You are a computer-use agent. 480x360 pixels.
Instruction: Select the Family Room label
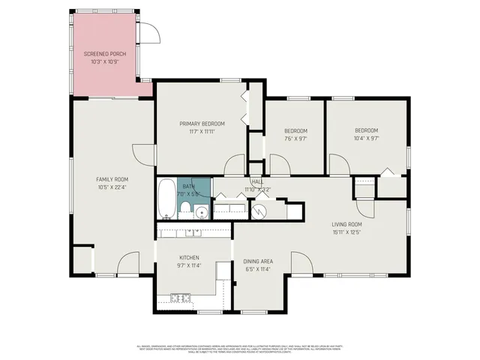coord(112,178)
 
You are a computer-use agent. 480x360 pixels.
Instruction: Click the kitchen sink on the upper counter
coord(193,232)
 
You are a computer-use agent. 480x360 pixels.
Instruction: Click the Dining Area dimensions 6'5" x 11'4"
coord(258,269)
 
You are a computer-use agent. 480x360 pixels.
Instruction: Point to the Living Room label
coord(347,224)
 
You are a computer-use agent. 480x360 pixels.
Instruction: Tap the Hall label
coord(257,182)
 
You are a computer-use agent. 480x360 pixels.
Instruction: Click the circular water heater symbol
coord(259,211)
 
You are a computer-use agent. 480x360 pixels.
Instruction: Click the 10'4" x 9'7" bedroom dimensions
coord(366,138)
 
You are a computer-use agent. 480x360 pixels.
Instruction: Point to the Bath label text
coord(187,186)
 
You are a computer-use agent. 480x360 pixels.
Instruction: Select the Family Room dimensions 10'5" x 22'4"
coord(112,187)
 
